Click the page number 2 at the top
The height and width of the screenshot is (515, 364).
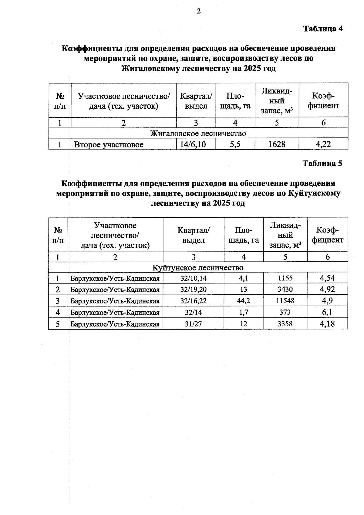199,12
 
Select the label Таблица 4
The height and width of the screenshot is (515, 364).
323,29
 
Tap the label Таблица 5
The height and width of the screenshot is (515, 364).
322,164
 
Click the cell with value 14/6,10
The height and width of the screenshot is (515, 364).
193,144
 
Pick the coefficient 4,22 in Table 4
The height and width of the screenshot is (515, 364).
323,144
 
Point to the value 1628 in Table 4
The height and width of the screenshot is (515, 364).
277,144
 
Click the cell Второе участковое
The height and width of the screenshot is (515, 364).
109,145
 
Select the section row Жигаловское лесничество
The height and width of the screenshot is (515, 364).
198,134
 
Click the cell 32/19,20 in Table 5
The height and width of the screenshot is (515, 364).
193,290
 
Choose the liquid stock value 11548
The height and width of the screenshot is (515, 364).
285,301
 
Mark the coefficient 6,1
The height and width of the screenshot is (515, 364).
327,312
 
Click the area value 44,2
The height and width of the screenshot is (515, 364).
243,301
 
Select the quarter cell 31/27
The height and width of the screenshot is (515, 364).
193,324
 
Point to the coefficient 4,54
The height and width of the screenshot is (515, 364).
327,278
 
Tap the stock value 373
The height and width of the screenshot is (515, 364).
285,313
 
